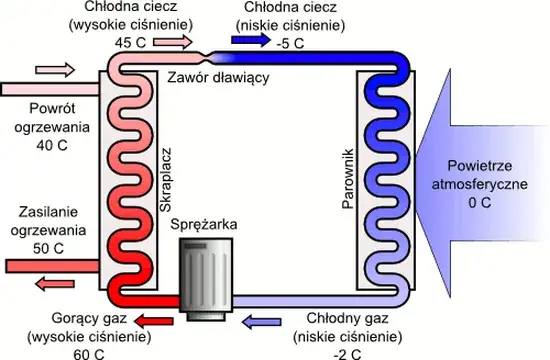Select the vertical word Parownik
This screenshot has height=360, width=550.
pyautogui.click(x=351, y=176)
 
